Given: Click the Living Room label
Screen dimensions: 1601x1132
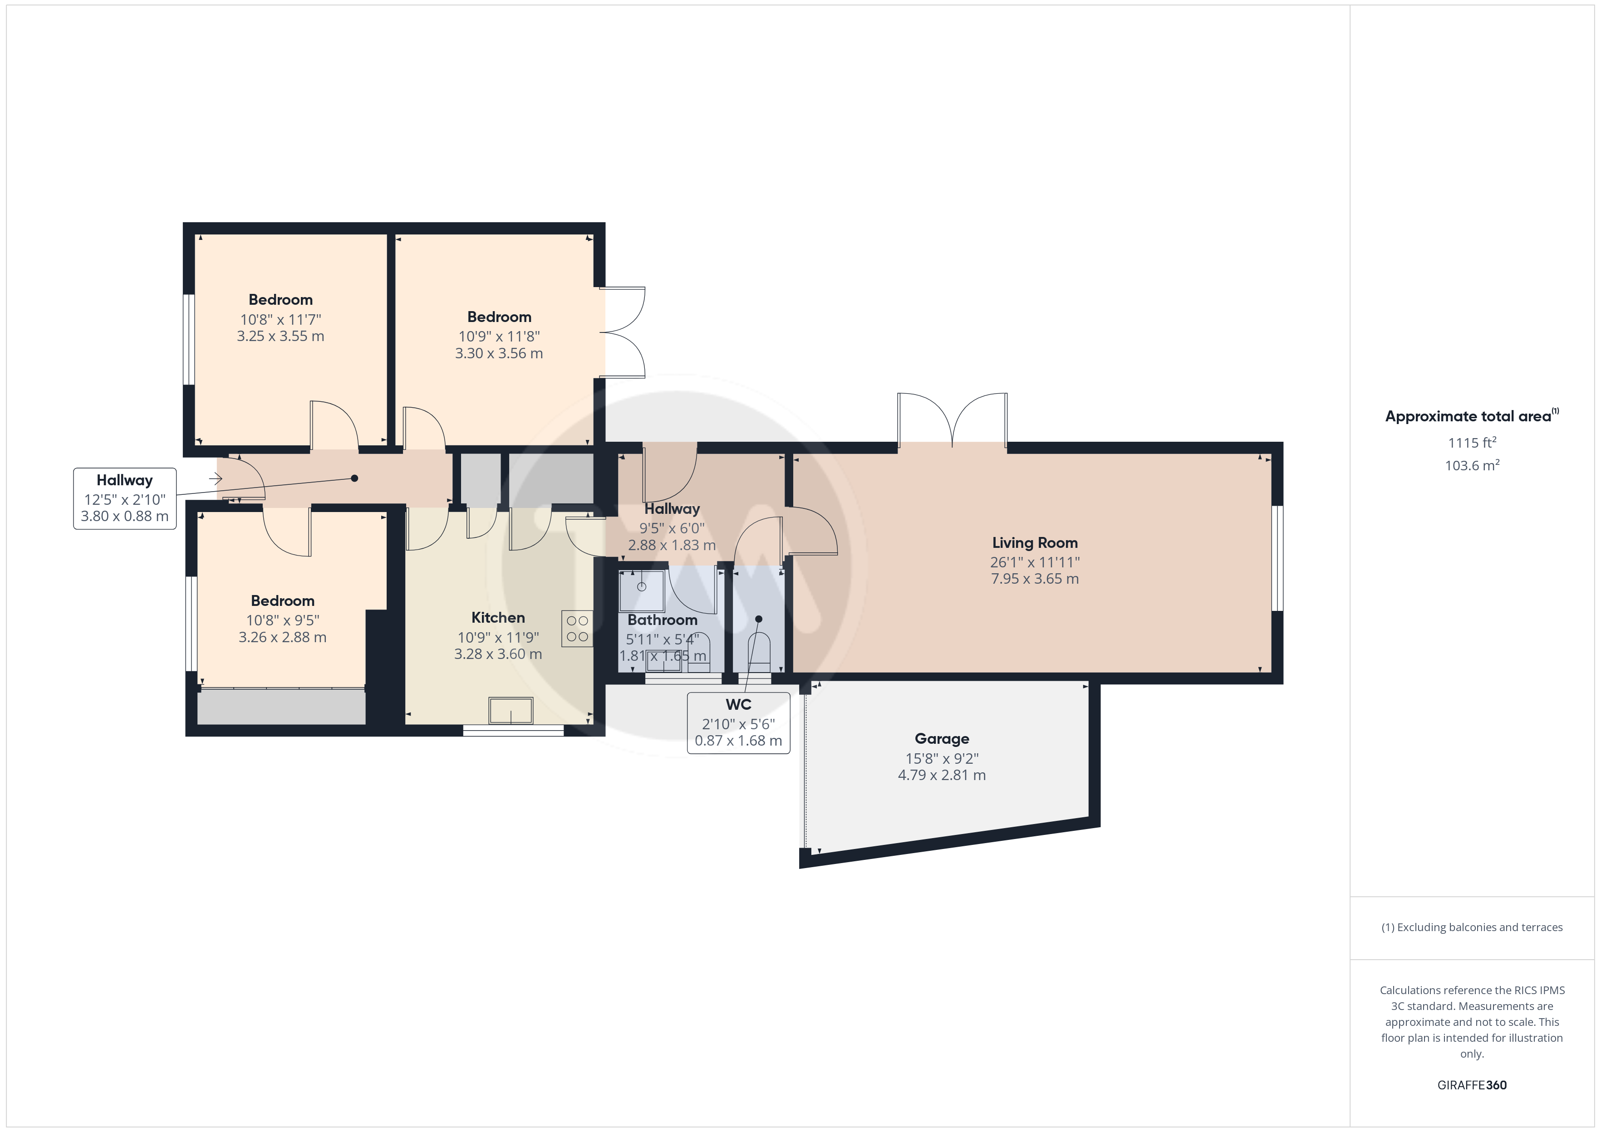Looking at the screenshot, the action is click(1035, 542).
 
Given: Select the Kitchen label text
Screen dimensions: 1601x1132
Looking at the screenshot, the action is click(498, 618).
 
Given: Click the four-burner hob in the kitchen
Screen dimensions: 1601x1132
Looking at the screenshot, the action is click(577, 629).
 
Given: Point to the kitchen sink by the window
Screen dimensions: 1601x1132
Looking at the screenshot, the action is click(511, 710).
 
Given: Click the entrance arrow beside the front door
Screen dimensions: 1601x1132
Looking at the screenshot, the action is click(216, 479).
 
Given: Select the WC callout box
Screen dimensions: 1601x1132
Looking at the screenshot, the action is click(738, 723).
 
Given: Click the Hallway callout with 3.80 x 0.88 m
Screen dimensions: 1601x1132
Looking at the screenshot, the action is click(125, 498).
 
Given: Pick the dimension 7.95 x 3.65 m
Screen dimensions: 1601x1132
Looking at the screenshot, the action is click(1035, 579).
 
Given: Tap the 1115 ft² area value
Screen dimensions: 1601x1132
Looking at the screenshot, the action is click(1472, 443).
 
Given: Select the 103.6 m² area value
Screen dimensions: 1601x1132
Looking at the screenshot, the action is click(1472, 465).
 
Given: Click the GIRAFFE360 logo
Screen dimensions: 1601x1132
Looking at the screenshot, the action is click(1472, 1085).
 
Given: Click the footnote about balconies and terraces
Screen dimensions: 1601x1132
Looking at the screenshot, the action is click(1472, 927).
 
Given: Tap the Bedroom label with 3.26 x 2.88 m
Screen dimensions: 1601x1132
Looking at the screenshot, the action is click(282, 601).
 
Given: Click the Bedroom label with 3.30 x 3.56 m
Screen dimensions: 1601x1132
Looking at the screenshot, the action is click(499, 317).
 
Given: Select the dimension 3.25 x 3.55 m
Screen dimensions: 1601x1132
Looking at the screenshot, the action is click(280, 336).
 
